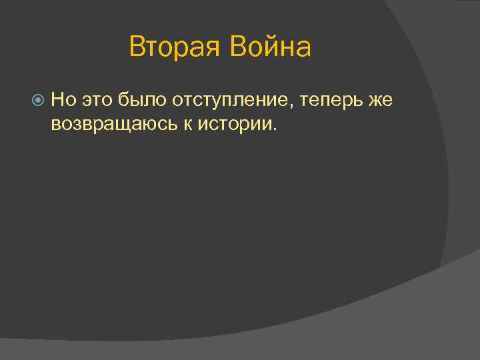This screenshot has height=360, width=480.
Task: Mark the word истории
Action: pyautogui.click(x=231, y=123)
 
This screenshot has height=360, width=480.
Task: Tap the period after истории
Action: pyautogui.click(x=272, y=128)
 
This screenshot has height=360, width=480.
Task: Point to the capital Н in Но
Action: pyautogui.click(x=57, y=100)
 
